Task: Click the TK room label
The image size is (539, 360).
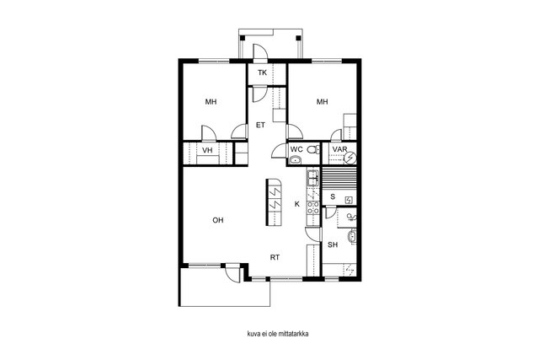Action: click(x=262, y=73)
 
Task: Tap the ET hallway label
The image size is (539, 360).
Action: click(x=260, y=126)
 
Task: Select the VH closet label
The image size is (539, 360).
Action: click(x=207, y=150)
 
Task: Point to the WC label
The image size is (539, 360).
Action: click(x=296, y=149)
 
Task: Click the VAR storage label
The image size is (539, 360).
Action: click(x=339, y=149)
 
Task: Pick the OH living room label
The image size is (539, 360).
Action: click(x=218, y=220)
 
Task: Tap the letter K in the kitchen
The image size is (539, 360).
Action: click(x=297, y=204)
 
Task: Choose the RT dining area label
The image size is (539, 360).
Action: click(x=275, y=257)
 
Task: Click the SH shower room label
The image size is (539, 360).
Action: click(x=333, y=245)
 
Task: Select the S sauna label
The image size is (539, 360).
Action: click(x=333, y=197)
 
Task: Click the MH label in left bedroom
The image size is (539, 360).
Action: click(x=211, y=102)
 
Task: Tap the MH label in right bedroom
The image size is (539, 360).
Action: click(x=322, y=102)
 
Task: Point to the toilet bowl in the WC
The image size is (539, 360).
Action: click(x=312, y=150)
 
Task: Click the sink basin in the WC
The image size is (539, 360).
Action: click(x=296, y=159)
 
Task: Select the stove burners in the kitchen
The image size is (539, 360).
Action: click(x=313, y=207)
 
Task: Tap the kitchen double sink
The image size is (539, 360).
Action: click(x=313, y=178)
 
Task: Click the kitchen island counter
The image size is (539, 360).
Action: click(x=274, y=202)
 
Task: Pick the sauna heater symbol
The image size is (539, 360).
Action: click(x=349, y=200)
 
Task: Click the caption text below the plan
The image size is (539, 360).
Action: click(x=278, y=334)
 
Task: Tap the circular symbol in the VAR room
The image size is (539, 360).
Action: click(x=350, y=158)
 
